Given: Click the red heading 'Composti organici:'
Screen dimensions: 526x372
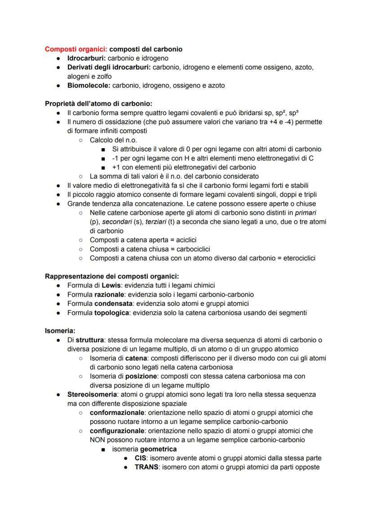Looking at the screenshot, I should [76, 49].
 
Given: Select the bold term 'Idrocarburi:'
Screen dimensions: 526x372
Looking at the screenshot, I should [86, 58].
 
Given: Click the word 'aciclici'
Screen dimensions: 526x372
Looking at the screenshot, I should [184, 240].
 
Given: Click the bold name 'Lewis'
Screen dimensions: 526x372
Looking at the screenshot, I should [111, 285].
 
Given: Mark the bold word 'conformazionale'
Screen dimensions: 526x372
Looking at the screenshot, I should [118, 413].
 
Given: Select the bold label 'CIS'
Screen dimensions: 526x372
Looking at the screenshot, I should [141, 458].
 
